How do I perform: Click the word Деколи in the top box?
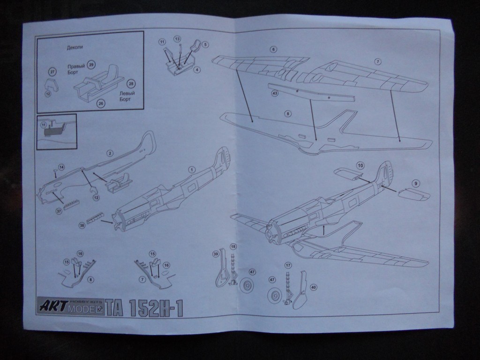click(75, 47)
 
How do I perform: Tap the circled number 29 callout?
click(91, 65)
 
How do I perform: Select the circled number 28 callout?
click(131, 83)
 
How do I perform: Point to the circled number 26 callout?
click(100, 104)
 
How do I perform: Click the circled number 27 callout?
click(52, 72)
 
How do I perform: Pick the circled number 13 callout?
click(177, 38)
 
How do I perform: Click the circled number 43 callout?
click(275, 93)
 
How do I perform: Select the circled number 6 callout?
click(273, 49)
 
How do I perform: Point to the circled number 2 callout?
click(110, 153)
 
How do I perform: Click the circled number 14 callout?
click(61, 167)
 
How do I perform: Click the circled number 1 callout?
click(191, 169)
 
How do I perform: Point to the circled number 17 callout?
click(288, 265)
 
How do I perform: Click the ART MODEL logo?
click(70, 307)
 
